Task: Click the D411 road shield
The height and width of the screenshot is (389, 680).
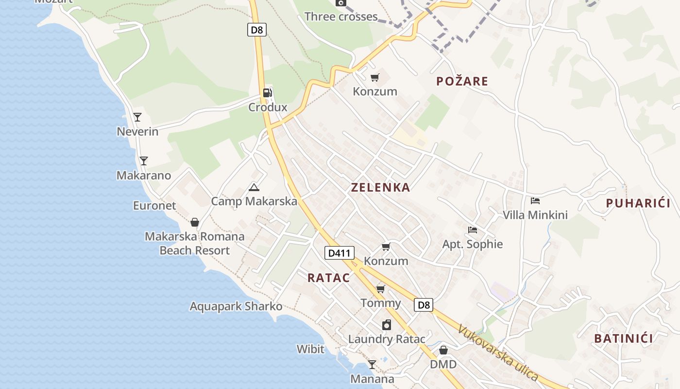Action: [339, 253]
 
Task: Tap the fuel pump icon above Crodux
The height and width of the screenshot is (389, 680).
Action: [267, 92]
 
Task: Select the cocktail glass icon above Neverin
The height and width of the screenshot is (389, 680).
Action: [137, 117]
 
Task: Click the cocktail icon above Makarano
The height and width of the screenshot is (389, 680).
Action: [143, 160]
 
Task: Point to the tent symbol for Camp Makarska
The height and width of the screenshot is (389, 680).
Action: [254, 187]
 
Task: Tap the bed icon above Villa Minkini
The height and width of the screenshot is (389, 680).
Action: [535, 200]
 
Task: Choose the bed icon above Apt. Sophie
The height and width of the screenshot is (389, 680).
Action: [472, 230]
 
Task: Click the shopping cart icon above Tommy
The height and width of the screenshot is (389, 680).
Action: [381, 289]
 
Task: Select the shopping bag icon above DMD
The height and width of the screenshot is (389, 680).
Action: [443, 350]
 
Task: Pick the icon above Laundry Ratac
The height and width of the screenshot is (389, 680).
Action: [387, 325]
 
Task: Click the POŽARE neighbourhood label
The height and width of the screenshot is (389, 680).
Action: [462, 81]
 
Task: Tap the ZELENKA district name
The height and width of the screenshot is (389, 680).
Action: [380, 187]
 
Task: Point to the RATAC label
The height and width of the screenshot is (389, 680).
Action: [328, 278]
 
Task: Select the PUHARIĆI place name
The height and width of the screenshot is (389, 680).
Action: [638, 203]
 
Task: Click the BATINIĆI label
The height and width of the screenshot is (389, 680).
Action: [624, 338]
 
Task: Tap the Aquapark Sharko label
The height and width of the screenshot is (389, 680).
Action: [236, 306]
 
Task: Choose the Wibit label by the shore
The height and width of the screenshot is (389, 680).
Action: [310, 349]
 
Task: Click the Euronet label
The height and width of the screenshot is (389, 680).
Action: [154, 206]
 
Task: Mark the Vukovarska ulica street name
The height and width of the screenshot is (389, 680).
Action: [497, 353]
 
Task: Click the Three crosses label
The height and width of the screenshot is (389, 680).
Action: [341, 17]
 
